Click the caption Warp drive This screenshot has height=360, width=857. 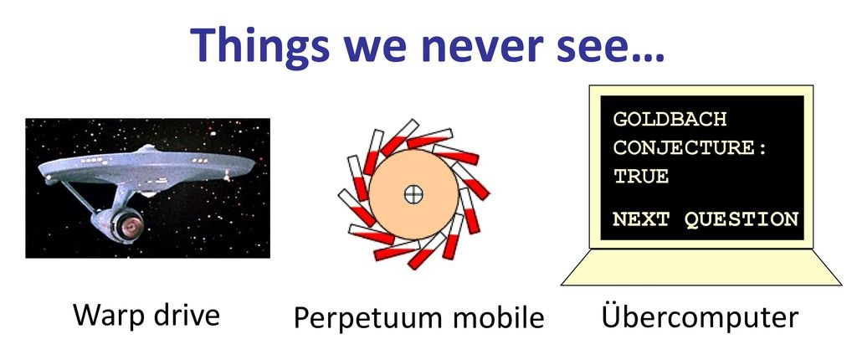(x=146, y=315)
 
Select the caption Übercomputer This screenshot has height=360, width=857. (x=700, y=316)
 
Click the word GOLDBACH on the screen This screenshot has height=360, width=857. (x=670, y=119)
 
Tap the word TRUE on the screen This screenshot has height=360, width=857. (x=641, y=176)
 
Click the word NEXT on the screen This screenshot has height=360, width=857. (x=641, y=219)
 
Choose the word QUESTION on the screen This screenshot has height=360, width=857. (x=742, y=219)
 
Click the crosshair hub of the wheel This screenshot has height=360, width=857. (x=413, y=194)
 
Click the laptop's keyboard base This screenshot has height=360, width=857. (x=701, y=268)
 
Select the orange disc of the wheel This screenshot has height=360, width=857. (x=413, y=194)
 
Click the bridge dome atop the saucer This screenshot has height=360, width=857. (x=147, y=147)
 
